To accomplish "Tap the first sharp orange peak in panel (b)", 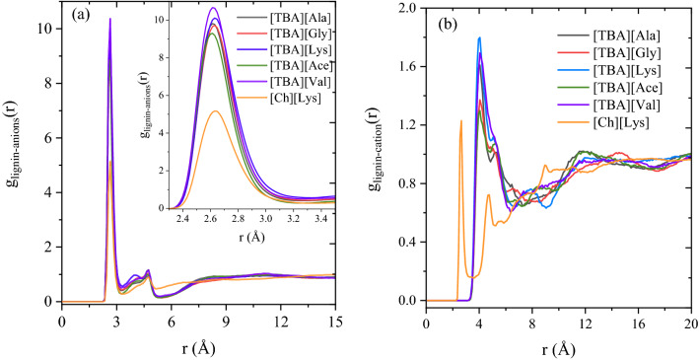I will [460, 120].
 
